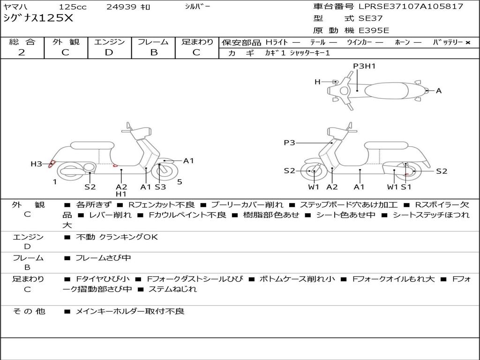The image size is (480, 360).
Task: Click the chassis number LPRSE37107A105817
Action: [x=411, y=7]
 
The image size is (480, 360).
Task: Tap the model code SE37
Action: [x=371, y=18]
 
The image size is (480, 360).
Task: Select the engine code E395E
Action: [x=374, y=30]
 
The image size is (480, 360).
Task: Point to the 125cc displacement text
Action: [x=73, y=7]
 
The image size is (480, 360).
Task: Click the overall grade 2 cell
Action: [x=22, y=52]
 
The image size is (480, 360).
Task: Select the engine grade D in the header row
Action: [x=109, y=52]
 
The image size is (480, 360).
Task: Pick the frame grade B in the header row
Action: [x=154, y=52]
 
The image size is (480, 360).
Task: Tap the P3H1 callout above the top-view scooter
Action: [x=364, y=66]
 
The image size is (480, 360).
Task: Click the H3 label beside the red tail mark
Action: [x=36, y=164]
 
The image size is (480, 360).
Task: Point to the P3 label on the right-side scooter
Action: [x=289, y=142]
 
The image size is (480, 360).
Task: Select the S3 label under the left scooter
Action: [x=160, y=187]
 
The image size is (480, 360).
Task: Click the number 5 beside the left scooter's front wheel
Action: [x=180, y=182]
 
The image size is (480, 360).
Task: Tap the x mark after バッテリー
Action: [x=468, y=43]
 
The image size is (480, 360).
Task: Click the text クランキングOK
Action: [x=128, y=237]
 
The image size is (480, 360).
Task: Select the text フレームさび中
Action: [x=103, y=258]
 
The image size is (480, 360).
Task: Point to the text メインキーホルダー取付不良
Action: [x=130, y=312]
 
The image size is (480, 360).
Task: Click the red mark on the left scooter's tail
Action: [x=52, y=165]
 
